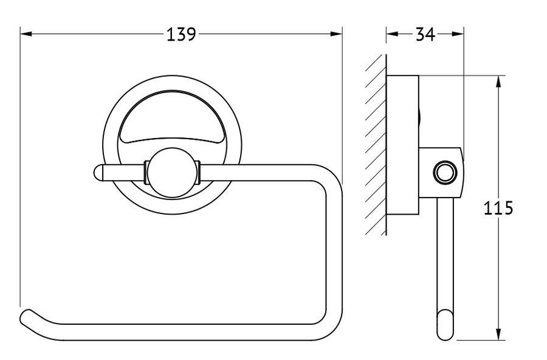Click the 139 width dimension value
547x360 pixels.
pyautogui.click(x=181, y=34)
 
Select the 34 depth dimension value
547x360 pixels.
pyautogui.click(x=425, y=34)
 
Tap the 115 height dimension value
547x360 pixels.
pyautogui.click(x=498, y=209)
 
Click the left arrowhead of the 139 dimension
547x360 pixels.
pyautogui.click(x=26, y=34)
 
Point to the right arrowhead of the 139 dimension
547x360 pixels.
pyautogui.click(x=336, y=34)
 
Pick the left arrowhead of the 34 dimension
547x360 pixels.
pyautogui.click(x=392, y=34)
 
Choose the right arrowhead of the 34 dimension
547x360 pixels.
pyautogui.click(x=458, y=34)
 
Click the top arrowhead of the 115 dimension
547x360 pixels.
pyautogui.click(x=499, y=81)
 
